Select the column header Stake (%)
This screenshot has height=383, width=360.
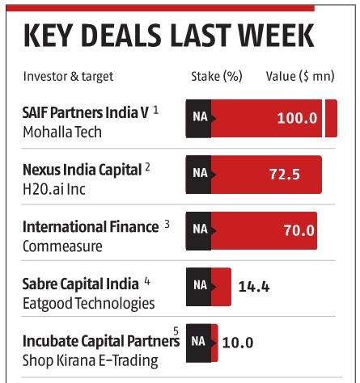216,77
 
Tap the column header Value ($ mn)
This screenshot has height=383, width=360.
299,77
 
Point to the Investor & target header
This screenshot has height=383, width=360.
68,77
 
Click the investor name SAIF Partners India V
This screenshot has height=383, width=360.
85,112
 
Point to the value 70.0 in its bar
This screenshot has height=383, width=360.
298,230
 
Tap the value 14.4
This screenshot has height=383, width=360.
253,286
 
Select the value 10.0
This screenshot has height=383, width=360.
238,342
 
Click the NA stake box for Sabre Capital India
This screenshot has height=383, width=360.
200,286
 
